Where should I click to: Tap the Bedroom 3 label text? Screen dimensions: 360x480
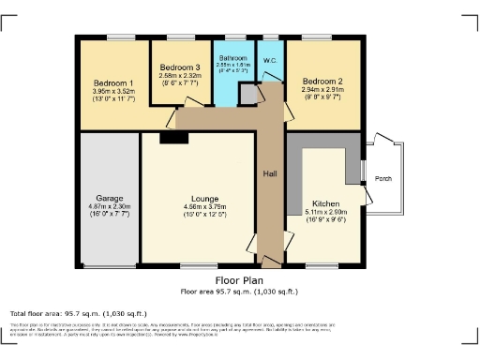179,67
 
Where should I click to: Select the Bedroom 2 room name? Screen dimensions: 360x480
322,82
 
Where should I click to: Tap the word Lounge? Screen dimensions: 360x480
203,199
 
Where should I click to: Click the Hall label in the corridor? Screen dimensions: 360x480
270,174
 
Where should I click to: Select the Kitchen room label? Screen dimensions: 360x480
326,203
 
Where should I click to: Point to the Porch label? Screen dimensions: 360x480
383,178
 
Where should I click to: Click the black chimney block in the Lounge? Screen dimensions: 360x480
173,138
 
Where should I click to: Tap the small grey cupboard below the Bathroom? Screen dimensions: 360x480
248,95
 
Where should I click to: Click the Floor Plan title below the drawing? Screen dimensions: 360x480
240,280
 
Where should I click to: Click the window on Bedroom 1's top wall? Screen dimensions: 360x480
119,37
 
